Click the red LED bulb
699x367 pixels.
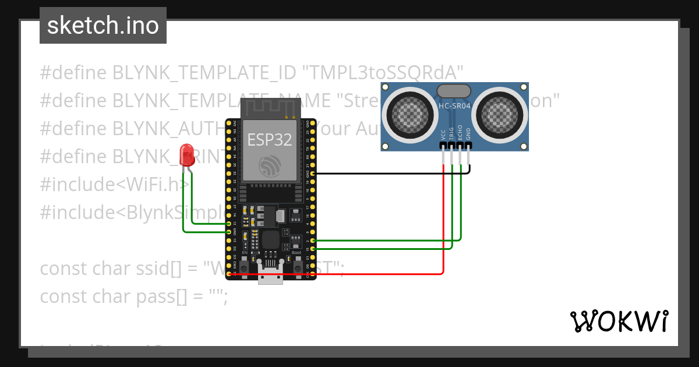tap(187, 154)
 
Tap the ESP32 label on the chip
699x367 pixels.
tap(269, 140)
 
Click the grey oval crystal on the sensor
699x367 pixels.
tap(454, 90)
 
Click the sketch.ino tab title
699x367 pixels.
tap(103, 26)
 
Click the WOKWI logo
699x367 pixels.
tap(619, 321)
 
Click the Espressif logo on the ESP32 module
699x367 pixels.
tap(269, 167)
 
